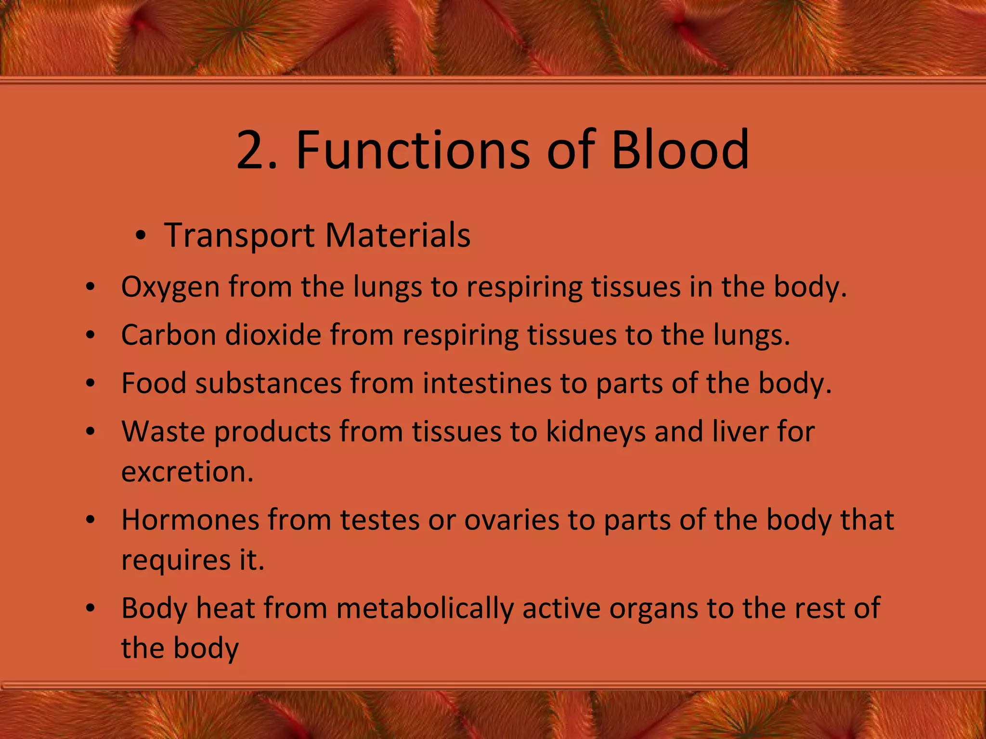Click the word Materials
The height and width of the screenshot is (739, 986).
tap(398, 236)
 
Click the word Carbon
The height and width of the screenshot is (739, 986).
tap(168, 335)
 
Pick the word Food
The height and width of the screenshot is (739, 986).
tap(154, 383)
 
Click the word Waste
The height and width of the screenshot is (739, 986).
tap(163, 432)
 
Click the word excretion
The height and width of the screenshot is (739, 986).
tap(187, 472)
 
